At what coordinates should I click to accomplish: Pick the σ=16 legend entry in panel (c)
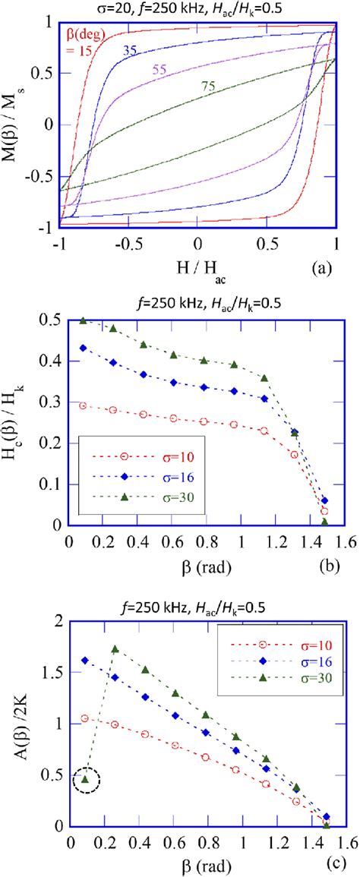pyautogui.click(x=284, y=648)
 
